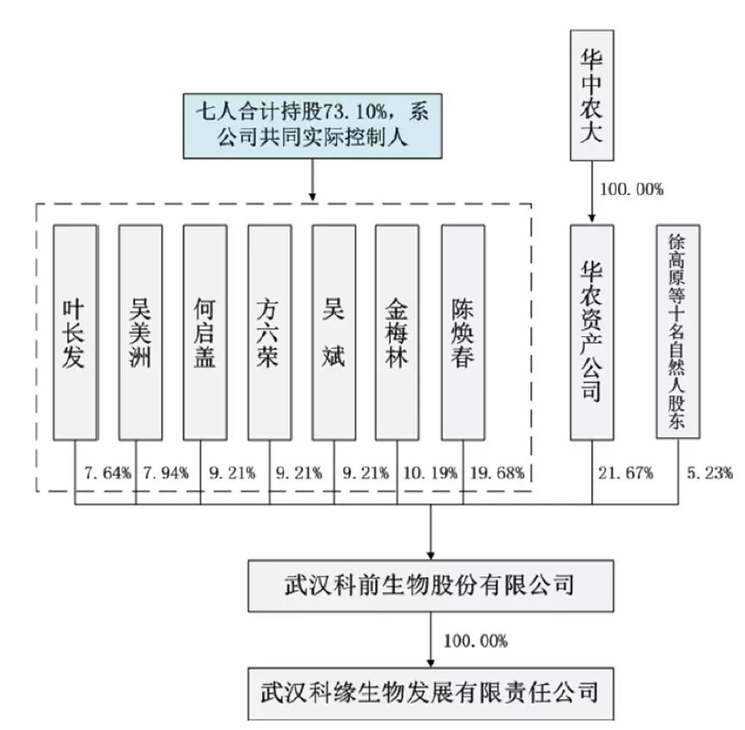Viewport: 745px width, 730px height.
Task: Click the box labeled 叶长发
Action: coord(74,333)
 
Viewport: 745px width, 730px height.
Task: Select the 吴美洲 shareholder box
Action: coord(140,333)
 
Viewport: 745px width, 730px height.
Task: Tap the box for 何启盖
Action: coord(204,333)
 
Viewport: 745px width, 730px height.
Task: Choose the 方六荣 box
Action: coord(268,333)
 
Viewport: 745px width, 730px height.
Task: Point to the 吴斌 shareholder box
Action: coord(334,333)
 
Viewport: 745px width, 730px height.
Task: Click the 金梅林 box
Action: coord(398,333)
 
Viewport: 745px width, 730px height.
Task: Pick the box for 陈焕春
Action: coord(462,333)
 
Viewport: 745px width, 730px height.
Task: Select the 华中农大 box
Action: coord(592,95)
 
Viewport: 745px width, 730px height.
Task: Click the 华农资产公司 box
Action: coord(592,333)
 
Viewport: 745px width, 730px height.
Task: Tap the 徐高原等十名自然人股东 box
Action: coord(677,333)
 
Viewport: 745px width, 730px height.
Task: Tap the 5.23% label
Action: coord(710,472)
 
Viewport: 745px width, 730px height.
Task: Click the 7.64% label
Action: coord(107,472)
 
